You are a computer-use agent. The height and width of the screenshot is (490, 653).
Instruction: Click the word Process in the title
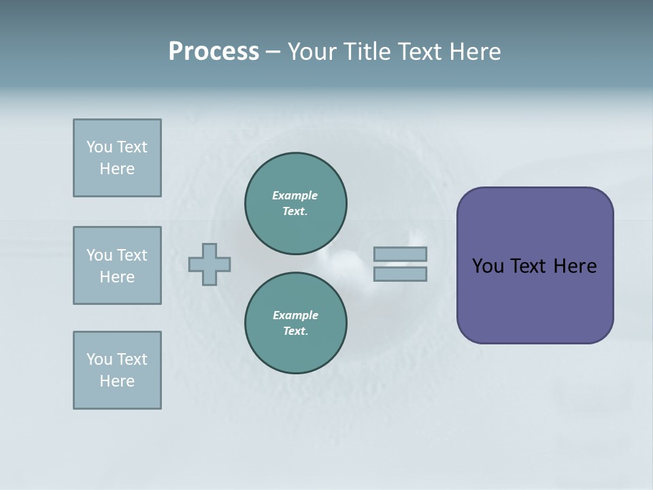214,52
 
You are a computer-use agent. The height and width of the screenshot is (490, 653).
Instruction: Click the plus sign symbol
210,264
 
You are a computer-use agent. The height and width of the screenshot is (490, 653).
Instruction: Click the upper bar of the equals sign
400,254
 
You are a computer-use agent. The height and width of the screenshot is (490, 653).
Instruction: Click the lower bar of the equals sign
400,274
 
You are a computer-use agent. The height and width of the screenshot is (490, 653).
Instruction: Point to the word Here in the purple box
575,266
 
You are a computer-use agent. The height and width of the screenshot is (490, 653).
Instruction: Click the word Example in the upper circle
295,195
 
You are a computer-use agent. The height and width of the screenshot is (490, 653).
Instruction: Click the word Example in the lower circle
295,315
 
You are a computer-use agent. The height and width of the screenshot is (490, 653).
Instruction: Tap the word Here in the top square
117,169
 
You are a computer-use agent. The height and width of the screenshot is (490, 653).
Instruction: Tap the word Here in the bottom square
117,381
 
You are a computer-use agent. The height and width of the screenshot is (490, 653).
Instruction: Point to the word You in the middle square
99,255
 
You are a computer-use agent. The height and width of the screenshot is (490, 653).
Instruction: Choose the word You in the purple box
488,266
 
